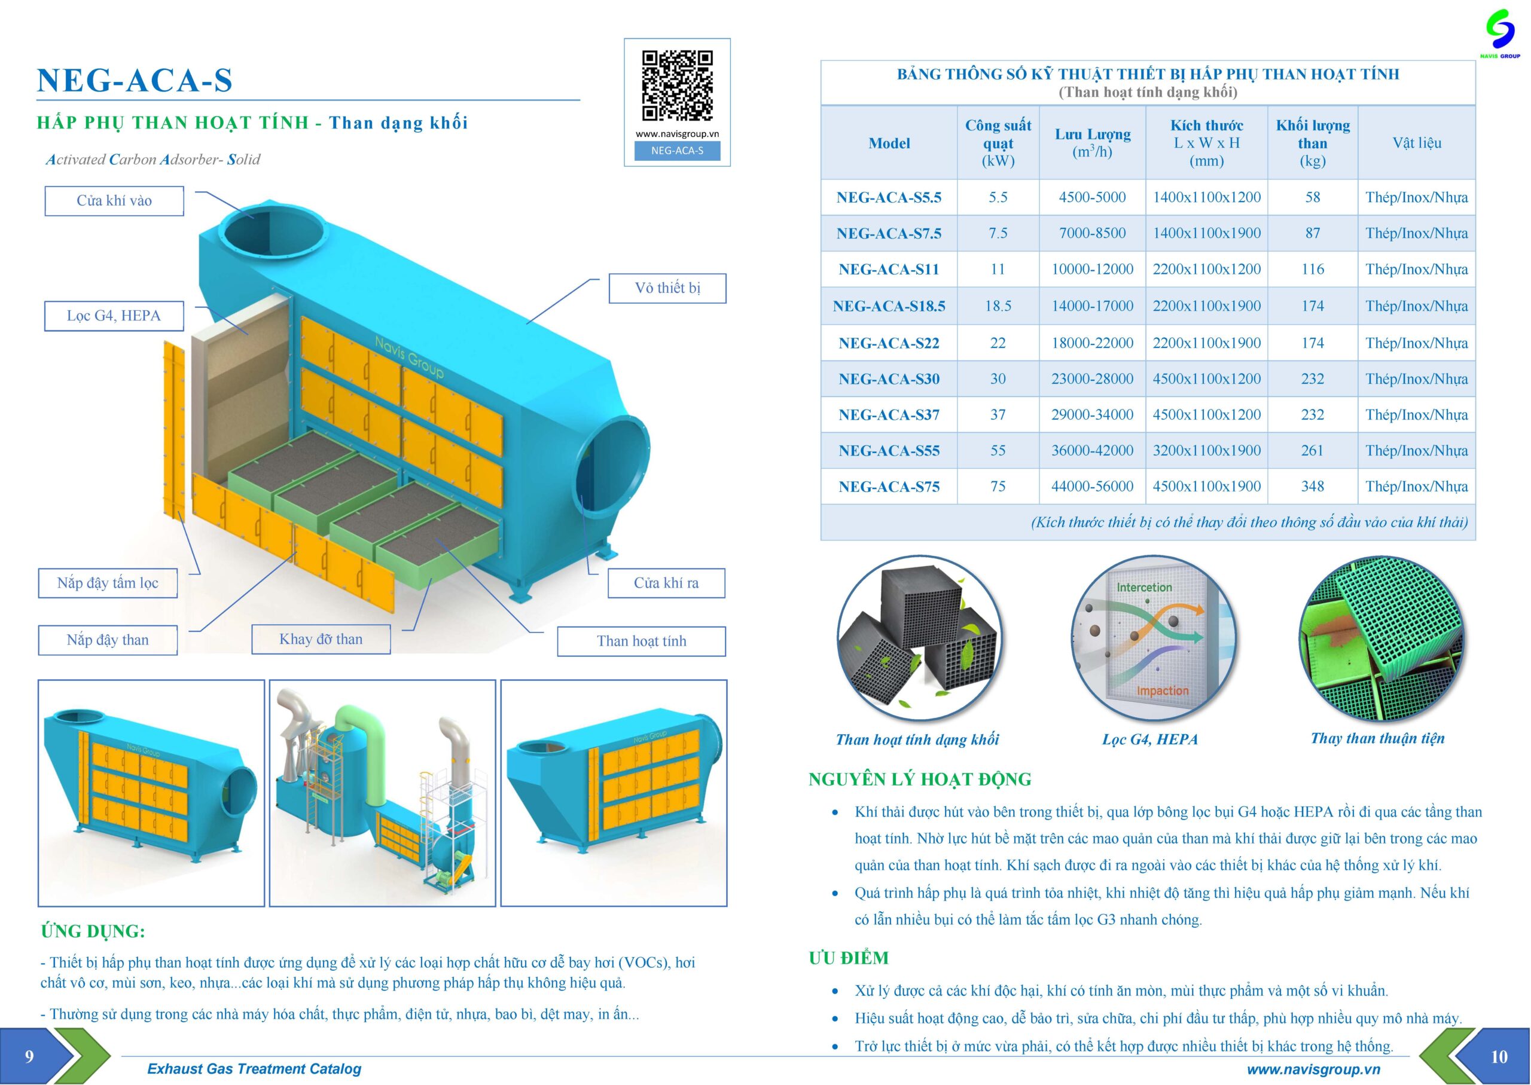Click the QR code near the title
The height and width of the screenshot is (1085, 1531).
[677, 85]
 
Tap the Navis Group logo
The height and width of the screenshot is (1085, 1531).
[1499, 32]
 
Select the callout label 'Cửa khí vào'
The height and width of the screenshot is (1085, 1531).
[114, 201]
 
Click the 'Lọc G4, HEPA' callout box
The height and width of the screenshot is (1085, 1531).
[114, 316]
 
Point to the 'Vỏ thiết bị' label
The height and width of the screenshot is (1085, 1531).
[667, 288]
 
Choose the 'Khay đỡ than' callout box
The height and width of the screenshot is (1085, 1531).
[321, 640]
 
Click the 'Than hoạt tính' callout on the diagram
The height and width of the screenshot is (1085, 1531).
[641, 641]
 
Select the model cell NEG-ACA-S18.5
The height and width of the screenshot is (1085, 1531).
[889, 307]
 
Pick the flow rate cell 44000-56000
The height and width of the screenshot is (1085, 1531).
[1092, 487]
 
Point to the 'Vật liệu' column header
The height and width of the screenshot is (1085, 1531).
[1416, 143]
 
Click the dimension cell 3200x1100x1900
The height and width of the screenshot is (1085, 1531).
[1206, 450]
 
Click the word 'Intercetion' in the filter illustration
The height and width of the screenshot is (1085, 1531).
[1144, 587]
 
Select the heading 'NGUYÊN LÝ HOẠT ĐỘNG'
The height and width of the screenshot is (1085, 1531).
[920, 779]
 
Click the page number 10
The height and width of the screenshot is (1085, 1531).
[1499, 1057]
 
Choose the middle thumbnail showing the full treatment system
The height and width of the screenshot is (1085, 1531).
[382, 793]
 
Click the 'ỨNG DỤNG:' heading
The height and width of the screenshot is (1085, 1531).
[93, 931]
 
